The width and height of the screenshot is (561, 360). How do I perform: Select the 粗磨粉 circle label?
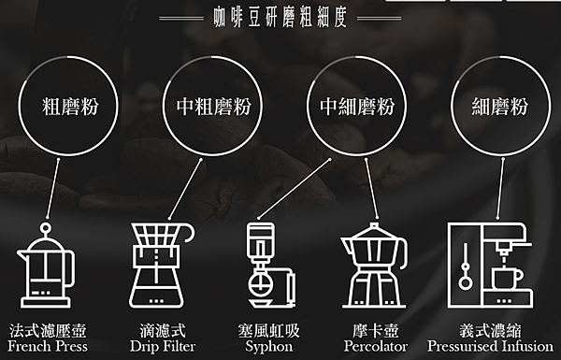[x=70, y=107]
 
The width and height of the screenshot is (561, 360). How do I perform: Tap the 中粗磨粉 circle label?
[x=213, y=107]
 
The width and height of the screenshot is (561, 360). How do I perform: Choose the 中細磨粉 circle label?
[x=357, y=107]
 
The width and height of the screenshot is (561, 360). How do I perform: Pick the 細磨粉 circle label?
[x=500, y=107]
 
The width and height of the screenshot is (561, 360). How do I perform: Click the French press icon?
[x=46, y=266]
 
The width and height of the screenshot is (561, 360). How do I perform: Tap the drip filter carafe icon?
[x=162, y=266]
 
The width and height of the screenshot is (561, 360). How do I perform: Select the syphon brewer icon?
[x=271, y=266]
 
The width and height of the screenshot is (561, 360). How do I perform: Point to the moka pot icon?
[x=374, y=266]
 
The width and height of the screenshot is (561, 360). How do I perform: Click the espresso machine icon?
[x=490, y=266]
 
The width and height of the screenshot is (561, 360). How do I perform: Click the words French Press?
[x=48, y=346]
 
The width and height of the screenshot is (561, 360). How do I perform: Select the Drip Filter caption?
[x=163, y=346]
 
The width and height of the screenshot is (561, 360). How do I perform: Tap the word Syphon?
[x=269, y=347]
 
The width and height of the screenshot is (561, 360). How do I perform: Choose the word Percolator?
[x=376, y=346]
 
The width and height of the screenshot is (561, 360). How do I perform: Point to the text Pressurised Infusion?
[x=490, y=346]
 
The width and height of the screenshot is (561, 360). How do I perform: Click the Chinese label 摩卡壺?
[x=375, y=330]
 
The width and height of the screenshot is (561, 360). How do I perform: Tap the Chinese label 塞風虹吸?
[x=268, y=330]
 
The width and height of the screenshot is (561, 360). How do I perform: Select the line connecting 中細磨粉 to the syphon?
[x=295, y=189]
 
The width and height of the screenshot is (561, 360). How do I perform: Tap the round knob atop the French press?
[x=46, y=228]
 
